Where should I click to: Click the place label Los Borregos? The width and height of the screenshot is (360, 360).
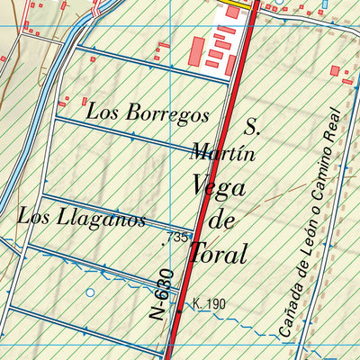click(148, 114)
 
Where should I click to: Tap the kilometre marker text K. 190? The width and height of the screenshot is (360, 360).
click(208, 304)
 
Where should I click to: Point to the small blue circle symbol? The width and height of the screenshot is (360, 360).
click(89, 292)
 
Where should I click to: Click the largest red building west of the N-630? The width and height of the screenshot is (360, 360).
click(196, 51)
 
